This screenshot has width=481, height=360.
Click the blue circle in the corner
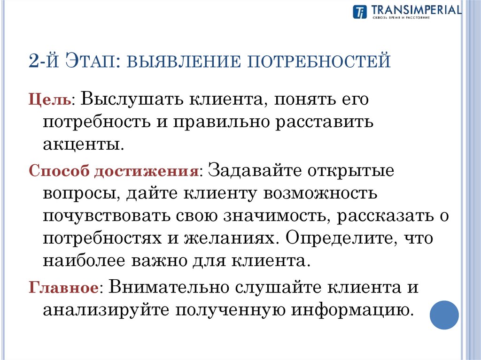444,314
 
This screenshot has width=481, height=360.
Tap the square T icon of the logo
359,12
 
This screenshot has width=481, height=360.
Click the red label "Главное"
63,288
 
